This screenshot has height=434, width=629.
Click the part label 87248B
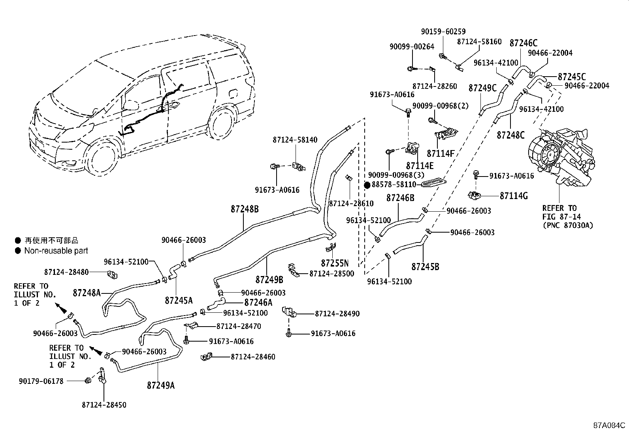(x=245, y=209)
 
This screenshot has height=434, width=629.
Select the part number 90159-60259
(x=443, y=32)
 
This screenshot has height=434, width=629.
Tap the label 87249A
(x=161, y=385)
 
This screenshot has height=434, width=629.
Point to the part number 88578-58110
(x=394, y=184)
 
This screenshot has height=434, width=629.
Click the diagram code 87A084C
(x=609, y=425)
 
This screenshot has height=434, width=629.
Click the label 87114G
(x=514, y=196)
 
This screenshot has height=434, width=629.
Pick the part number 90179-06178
(x=41, y=381)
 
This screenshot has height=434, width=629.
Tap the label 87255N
(x=335, y=263)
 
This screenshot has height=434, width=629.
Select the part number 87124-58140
(x=295, y=140)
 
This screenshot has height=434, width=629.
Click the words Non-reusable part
(x=56, y=251)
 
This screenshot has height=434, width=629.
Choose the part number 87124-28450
(x=104, y=405)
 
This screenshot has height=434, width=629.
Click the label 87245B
(x=425, y=267)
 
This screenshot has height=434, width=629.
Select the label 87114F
(x=441, y=153)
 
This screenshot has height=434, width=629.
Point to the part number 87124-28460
(x=253, y=357)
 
